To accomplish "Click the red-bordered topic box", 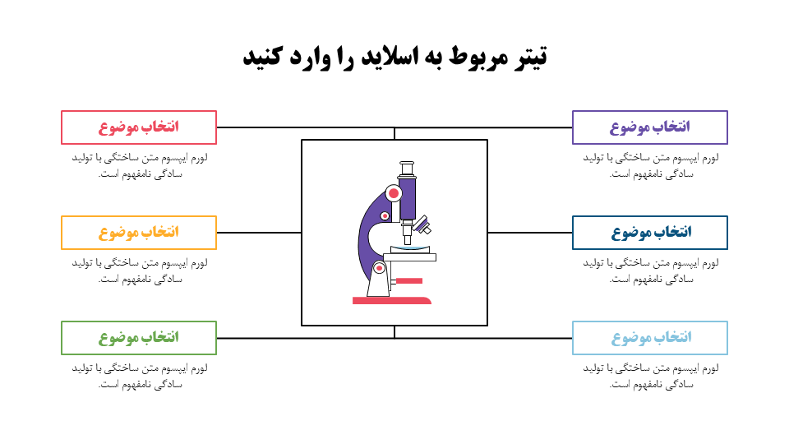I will point(139,127).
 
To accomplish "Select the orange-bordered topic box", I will point(139,233).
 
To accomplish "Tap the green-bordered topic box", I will point(139,338).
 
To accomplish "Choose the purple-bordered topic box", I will point(650,127).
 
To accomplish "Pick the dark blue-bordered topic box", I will point(650,233).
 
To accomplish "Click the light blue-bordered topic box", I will point(650,338).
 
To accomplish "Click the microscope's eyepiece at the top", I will point(407,169).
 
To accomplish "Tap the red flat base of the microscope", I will point(392,300).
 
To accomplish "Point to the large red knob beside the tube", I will point(393,194).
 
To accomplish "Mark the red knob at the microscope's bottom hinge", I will point(379,267).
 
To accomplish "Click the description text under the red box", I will point(139,165).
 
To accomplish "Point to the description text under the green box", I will point(139,376).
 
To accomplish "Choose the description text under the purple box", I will point(650,165).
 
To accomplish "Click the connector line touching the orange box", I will point(259,233).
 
